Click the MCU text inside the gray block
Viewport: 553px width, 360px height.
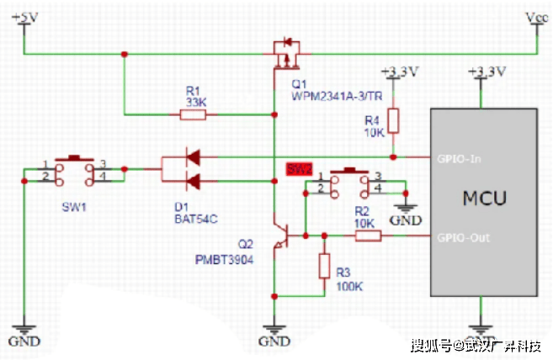[484, 200]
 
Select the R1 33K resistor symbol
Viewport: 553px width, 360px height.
[194, 114]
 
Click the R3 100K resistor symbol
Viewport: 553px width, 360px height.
[325, 267]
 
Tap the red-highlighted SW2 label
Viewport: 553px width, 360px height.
[300, 169]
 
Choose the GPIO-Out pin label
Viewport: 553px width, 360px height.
[462, 236]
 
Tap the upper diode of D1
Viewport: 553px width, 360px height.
[193, 156]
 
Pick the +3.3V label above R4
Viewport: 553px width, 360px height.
[399, 72]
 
